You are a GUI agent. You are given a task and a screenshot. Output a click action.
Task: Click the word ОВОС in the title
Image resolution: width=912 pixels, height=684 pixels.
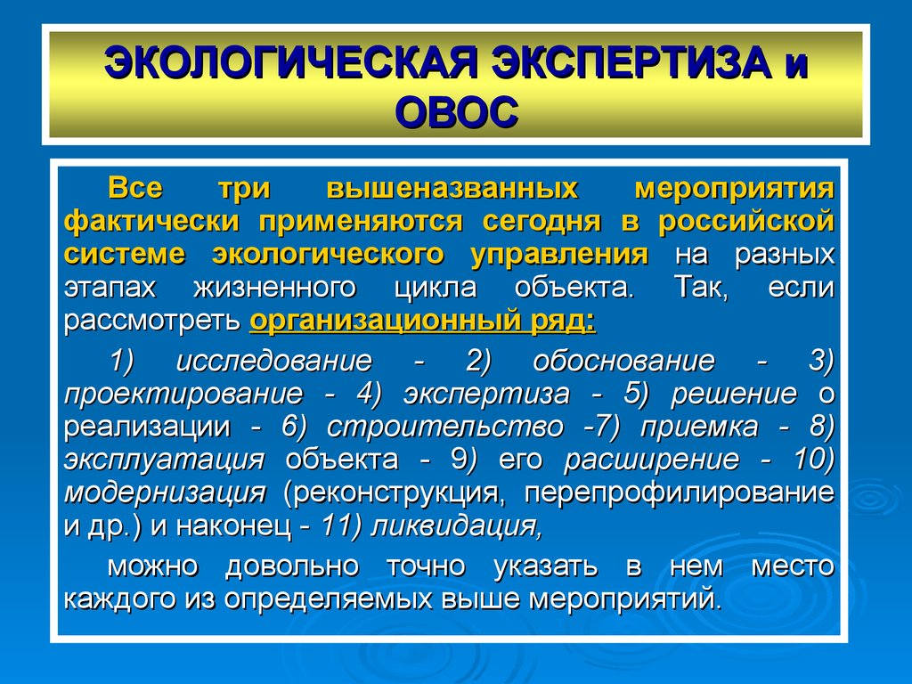click(457, 112)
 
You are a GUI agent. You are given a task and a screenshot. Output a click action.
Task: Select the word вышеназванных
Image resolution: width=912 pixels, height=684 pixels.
click(452, 189)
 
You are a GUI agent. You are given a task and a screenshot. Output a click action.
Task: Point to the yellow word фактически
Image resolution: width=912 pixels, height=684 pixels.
click(151, 222)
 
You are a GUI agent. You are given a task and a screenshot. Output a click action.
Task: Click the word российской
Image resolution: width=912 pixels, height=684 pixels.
click(747, 222)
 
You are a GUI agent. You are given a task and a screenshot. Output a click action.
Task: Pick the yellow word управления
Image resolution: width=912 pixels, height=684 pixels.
click(559, 255)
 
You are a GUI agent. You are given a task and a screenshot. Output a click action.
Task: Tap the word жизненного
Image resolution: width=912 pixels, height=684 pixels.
click(275, 288)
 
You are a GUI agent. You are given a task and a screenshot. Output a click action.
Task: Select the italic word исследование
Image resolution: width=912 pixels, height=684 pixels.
click(274, 361)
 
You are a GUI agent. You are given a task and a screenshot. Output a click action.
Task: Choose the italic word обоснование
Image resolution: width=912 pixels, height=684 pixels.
click(623, 361)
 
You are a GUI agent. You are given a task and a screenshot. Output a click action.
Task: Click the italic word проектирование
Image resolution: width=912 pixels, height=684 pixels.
click(183, 394)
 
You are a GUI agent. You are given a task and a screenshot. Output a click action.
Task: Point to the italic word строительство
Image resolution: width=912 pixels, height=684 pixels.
click(445, 427)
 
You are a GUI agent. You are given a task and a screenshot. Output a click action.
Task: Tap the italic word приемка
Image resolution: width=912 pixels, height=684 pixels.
click(699, 427)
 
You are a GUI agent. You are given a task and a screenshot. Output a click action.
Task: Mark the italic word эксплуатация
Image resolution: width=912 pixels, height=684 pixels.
click(165, 460)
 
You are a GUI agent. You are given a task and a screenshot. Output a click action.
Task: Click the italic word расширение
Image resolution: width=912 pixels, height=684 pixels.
click(651, 460)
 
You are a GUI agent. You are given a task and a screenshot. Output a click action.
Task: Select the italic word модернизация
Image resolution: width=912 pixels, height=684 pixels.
click(165, 493)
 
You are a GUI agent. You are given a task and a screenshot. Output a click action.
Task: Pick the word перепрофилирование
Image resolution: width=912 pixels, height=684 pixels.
click(680, 493)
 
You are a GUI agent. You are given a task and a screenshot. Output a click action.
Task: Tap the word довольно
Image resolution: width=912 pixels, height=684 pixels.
click(292, 566)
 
